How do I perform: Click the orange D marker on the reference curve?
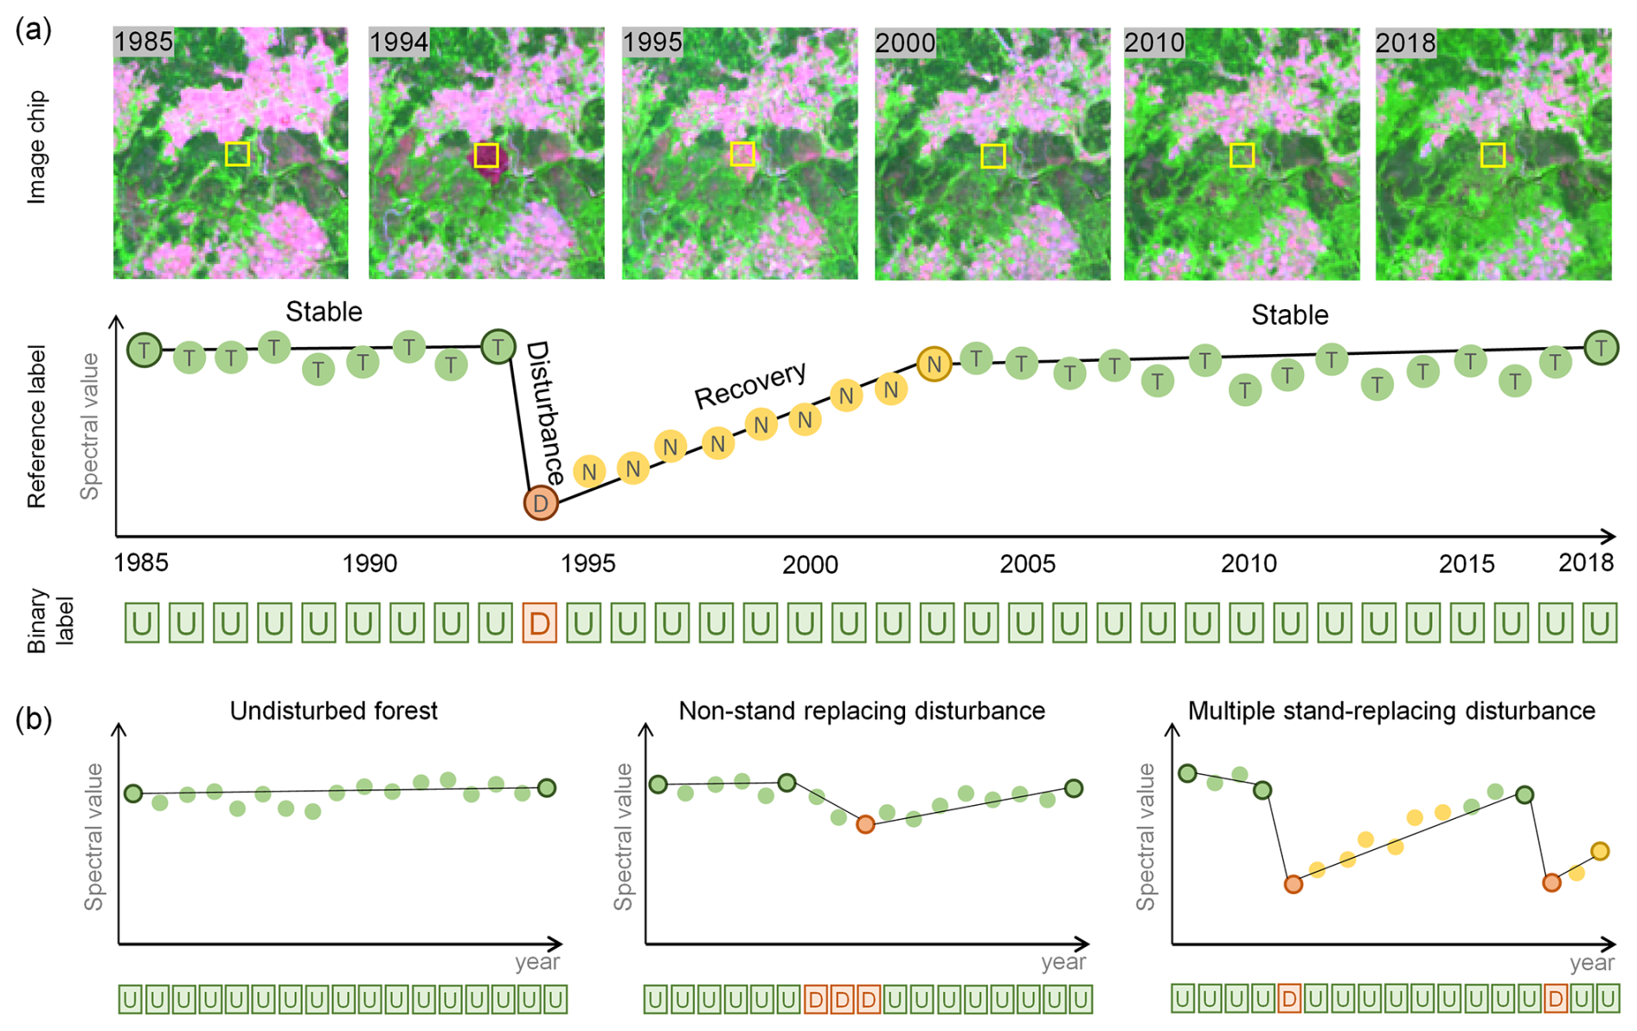(540, 502)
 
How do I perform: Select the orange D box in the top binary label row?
(539, 622)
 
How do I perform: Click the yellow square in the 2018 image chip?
(1492, 155)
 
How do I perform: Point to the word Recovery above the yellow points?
(750, 383)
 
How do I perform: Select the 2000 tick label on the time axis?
(810, 564)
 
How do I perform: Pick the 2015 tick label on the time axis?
(1467, 564)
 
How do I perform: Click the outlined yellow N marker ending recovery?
(934, 364)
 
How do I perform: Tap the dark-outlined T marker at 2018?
(1601, 348)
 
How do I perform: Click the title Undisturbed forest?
(333, 711)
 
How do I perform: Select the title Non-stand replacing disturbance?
(861, 711)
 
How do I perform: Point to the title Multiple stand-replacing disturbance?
(1390, 711)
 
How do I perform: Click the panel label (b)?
(34, 719)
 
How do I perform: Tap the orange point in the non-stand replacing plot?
(865, 825)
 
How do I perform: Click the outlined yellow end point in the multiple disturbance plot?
(1600, 851)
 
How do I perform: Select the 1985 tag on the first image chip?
(144, 42)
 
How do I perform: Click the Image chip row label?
(36, 147)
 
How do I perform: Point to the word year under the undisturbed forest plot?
(537, 962)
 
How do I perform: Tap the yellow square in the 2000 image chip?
(992, 156)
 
